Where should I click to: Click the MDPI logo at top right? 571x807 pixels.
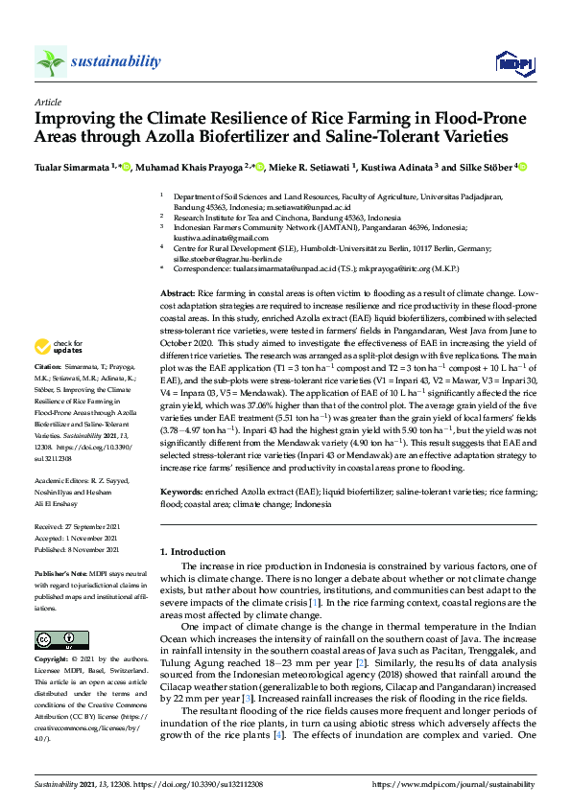[509, 62]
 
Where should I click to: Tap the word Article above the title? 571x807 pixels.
[47, 101]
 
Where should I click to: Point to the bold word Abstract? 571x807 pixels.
[178, 290]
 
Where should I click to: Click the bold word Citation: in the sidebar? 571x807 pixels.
[50, 366]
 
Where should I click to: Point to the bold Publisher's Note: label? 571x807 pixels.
[62, 572]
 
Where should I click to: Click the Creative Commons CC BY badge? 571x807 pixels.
[56, 638]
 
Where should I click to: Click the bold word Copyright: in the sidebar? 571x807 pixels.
[53, 660]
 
